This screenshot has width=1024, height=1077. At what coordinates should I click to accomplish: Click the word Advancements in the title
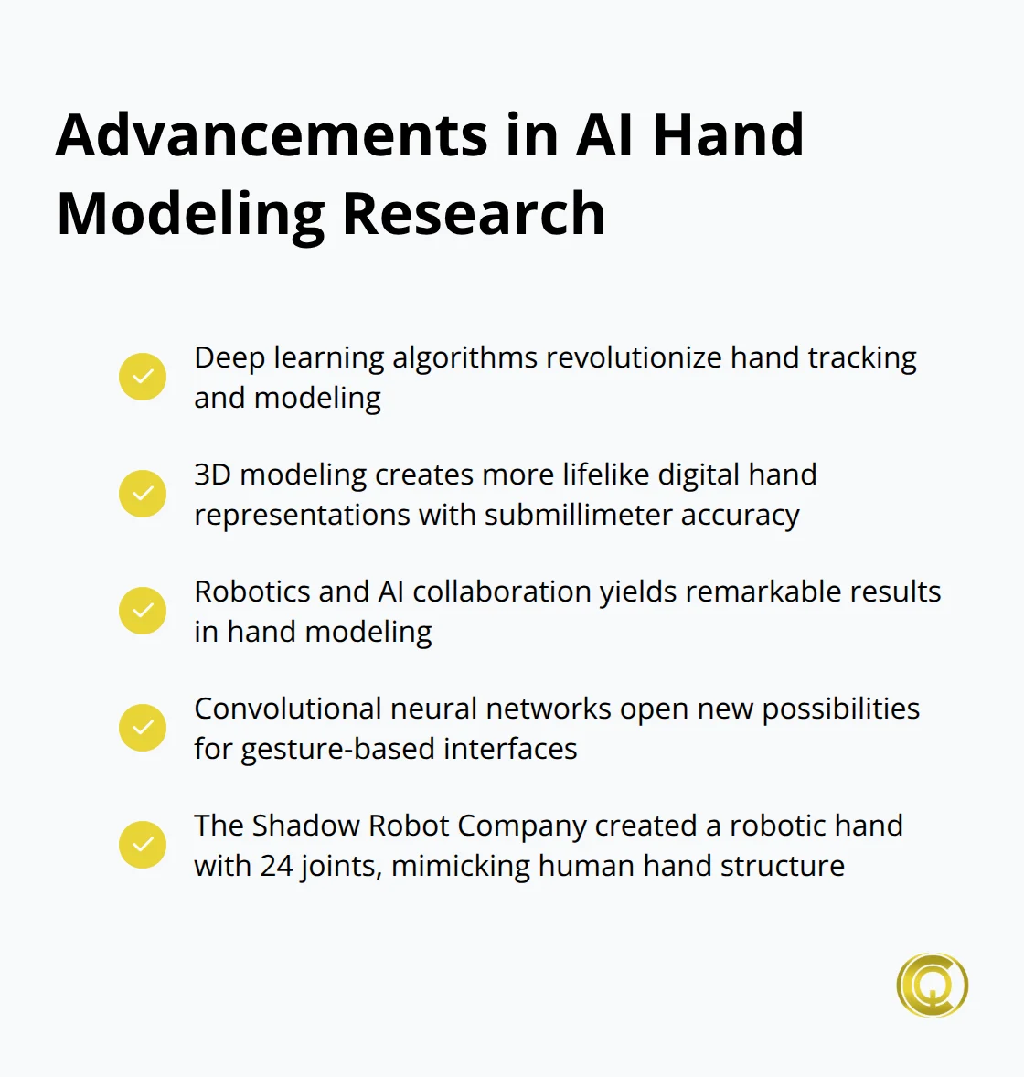[x=272, y=135]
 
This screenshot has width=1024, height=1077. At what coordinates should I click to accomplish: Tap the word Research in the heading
[x=474, y=214]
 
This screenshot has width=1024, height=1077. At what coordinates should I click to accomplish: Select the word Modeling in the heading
[x=190, y=216]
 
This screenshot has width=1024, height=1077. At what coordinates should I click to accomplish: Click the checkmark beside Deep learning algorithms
[x=143, y=377]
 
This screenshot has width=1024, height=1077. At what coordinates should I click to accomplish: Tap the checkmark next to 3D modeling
[x=143, y=494]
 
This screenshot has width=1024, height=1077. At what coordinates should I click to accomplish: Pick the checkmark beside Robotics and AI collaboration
[x=143, y=611]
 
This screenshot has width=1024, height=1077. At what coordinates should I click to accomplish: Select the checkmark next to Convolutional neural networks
[x=143, y=728]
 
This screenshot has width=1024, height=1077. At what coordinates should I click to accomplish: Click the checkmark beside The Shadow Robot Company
[x=143, y=845]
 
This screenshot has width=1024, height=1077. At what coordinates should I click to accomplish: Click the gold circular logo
[x=932, y=986]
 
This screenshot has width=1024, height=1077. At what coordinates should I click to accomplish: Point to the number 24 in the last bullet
[x=276, y=866]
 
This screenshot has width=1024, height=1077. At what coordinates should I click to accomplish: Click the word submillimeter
[x=575, y=515]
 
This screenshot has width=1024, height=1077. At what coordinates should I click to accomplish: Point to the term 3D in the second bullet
[x=212, y=475]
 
